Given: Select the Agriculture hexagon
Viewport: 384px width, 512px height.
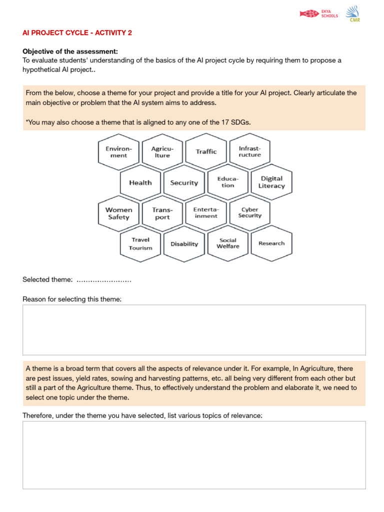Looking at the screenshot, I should pos(162,151).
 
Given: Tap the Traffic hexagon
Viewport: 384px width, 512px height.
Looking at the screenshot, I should pos(206,151).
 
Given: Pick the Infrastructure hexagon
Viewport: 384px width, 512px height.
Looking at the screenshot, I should pos(249,151).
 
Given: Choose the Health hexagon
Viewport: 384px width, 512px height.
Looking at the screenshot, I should pos(140,182).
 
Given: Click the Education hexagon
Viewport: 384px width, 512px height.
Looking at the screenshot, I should pos(227,182).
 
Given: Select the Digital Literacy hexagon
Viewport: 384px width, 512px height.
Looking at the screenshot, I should pos(271,182).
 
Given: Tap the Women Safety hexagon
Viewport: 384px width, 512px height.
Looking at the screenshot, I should pos(118,213).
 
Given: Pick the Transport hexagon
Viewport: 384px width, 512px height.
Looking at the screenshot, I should pos(162,213).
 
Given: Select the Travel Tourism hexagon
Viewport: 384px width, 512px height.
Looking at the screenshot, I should pos(140,243).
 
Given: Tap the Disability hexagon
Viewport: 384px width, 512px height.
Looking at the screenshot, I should pos(184,244).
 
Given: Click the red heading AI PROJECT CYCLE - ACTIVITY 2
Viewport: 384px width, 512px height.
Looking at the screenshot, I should pos(77,32).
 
